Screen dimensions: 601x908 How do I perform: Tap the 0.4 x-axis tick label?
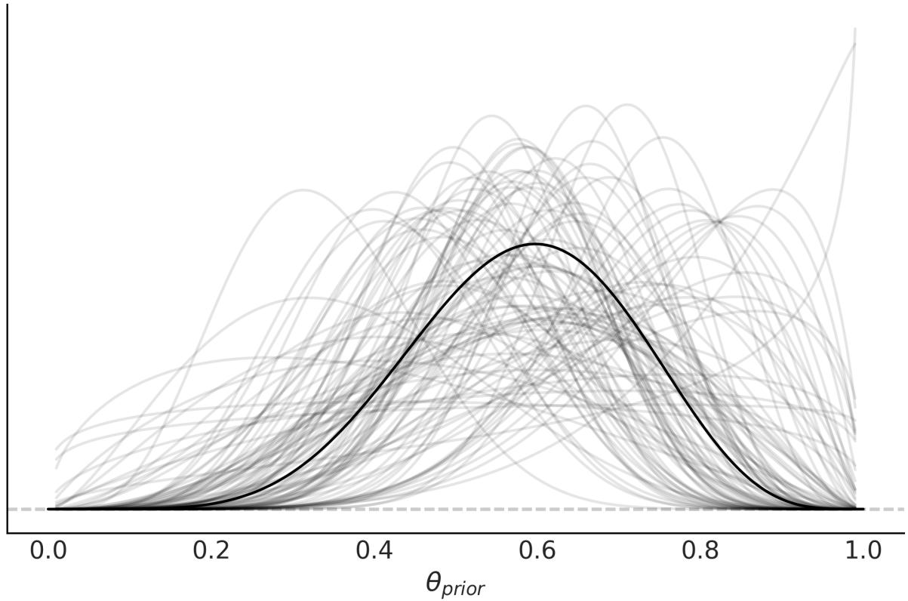click(374, 550)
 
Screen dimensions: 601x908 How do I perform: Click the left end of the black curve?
click(49, 509)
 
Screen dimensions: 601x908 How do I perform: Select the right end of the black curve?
click(863, 509)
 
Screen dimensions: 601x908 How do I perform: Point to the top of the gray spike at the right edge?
click(855, 29)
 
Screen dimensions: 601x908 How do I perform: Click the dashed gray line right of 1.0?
click(887, 509)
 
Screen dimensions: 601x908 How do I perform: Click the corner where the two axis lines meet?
click(8, 533)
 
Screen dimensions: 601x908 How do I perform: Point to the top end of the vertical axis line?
click(8, 2)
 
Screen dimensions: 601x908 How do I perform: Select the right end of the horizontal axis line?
click(905, 533)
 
